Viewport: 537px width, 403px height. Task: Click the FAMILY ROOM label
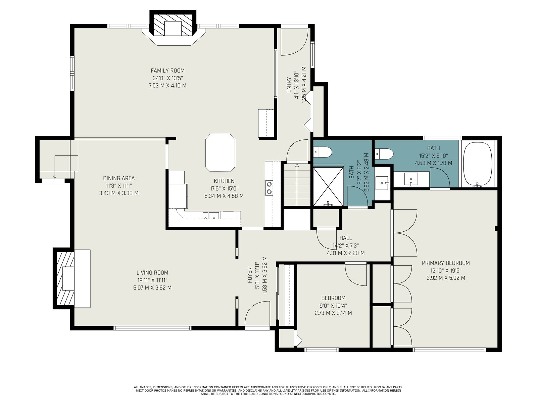pos(167,71)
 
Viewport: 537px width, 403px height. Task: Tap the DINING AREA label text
pos(119,178)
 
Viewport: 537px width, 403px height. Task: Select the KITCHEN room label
pos(224,181)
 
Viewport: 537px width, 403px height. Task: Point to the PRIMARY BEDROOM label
pos(446,263)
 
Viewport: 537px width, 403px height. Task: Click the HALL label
pos(346,238)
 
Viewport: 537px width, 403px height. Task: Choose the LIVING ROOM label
pos(152,273)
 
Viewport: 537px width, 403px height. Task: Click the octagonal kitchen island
pos(220,153)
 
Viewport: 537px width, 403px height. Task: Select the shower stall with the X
pos(328,186)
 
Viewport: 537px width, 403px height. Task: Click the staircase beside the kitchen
pos(297,185)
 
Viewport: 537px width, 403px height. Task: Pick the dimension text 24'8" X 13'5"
pos(167,78)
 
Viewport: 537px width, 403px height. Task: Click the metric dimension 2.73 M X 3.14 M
pos(333,313)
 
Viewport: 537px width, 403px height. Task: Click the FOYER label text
pos(250,275)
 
